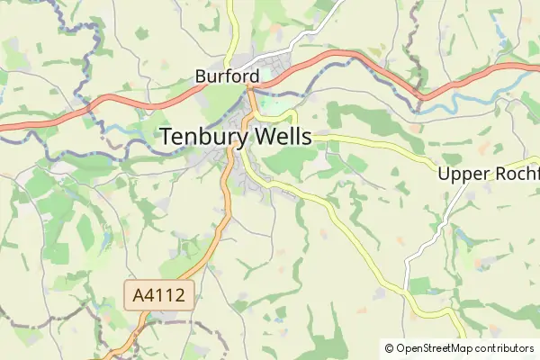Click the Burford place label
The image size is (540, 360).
[x=227, y=77]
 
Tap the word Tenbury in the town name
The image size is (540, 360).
[x=202, y=137]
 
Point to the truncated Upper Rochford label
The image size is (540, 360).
[x=488, y=174]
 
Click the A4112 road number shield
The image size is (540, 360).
[x=159, y=294]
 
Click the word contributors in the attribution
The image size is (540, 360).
[x=505, y=347]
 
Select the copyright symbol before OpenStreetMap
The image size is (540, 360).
[x=389, y=347]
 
